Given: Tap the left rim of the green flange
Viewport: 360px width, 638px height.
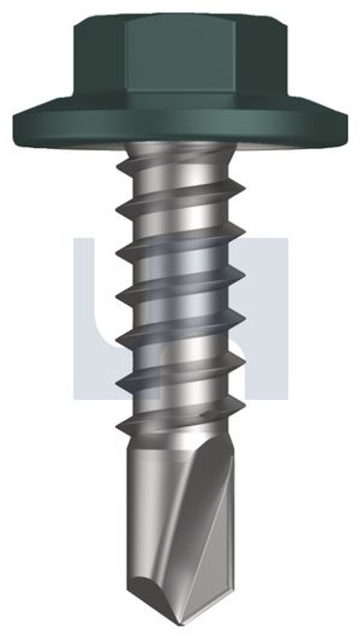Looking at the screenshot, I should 16,123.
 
